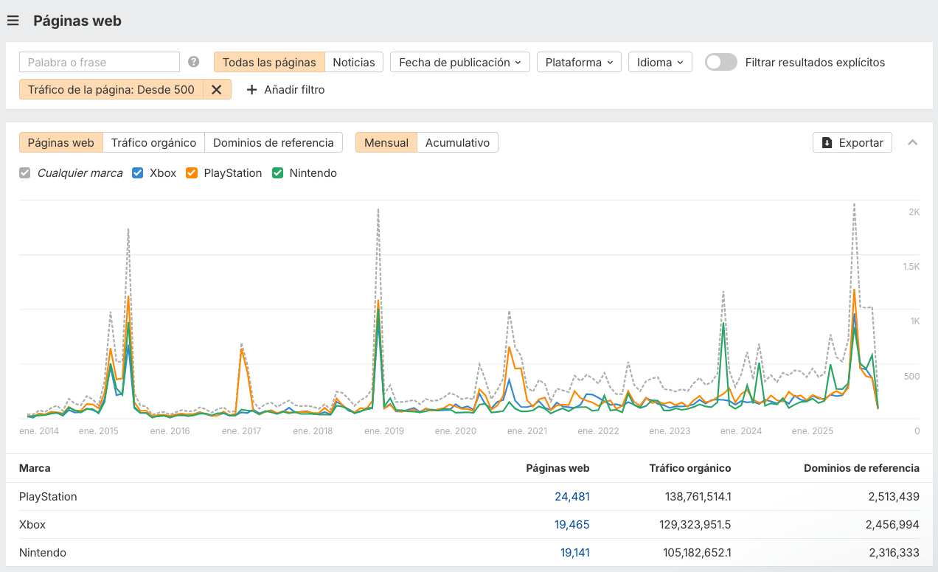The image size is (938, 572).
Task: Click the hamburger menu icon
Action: point(13,21)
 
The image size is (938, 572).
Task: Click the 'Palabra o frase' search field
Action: point(100,62)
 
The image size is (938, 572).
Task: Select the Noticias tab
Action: point(354,62)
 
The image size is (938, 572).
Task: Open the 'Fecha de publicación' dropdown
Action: point(460,62)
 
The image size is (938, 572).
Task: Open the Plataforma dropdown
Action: point(579,62)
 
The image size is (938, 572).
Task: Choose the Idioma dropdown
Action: point(660,62)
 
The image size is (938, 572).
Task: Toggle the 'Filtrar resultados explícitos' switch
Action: point(720,62)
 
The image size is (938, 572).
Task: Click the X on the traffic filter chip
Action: point(217,89)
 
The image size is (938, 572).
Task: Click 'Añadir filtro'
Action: point(285,89)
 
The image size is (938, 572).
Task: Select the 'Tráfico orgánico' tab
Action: point(153,142)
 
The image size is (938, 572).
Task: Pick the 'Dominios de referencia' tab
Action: point(274,142)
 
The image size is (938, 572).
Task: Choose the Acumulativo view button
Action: point(457,142)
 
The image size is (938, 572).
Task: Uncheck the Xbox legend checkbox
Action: point(137,173)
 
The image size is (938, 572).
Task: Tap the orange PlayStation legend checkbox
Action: point(192,173)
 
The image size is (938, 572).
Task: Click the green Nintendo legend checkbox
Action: point(277,173)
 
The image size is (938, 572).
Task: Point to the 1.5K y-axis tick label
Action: point(911,266)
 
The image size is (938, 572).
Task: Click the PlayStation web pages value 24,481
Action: point(572,497)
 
